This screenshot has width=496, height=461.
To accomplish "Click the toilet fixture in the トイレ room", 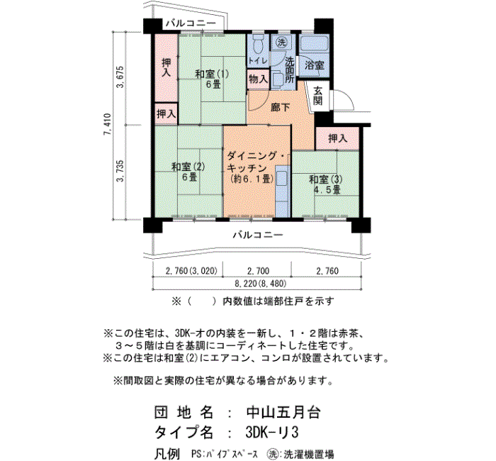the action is coord(259,44).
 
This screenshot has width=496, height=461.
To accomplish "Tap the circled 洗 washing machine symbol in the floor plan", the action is coord(281,43).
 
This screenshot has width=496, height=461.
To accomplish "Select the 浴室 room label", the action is coord(315,65).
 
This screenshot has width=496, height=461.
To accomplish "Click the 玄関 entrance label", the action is coord(318,96).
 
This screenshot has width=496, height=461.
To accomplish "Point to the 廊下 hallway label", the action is coord(281,107).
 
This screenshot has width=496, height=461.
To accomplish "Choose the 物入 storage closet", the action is coord(258,79).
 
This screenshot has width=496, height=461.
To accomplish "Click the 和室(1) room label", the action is coord(212,74).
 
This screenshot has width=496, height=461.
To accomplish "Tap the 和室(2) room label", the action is coord(188,166).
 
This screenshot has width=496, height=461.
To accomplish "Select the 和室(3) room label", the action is coord(326,179).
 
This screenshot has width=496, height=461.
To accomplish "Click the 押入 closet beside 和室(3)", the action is coord(337,138).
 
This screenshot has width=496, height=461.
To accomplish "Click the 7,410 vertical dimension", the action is coord(108,124).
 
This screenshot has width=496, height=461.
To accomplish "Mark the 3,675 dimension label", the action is coord(120,77).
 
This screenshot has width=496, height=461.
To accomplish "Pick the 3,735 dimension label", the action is coord(120,171).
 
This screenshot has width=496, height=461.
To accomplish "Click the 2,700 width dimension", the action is coord(259,271).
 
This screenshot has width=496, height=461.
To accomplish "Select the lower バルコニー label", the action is coord(258,235).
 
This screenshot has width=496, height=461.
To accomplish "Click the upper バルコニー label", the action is coord(191,23).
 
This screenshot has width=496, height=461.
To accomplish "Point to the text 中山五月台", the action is coord(283,412).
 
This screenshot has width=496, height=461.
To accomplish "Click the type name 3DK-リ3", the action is coord(272,432).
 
